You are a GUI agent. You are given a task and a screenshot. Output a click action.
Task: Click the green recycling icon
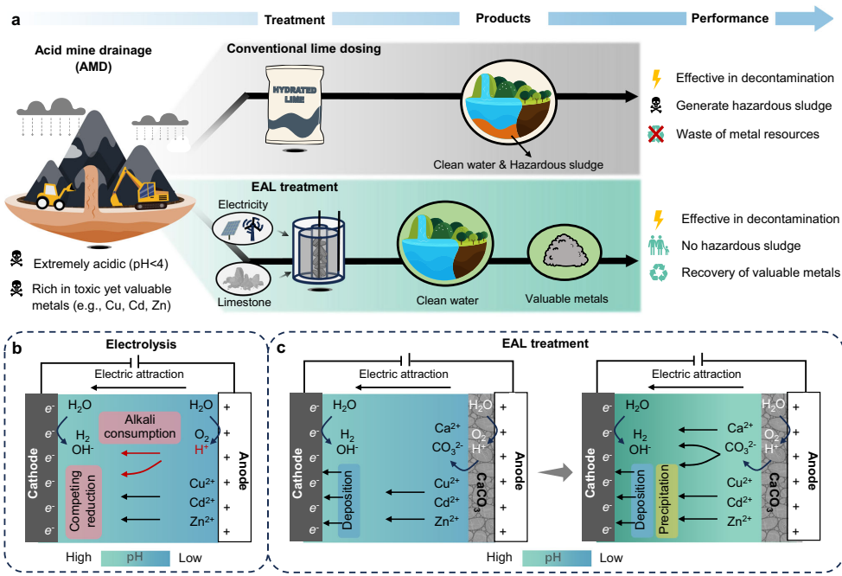656,272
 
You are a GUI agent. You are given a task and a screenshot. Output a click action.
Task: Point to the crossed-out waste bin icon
656,134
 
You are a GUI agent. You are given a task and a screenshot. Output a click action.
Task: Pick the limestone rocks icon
243,278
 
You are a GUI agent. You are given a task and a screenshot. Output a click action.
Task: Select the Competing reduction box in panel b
82,497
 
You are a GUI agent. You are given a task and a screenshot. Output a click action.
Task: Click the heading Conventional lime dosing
303,48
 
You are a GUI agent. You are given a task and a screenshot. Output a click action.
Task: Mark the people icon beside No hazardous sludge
656,246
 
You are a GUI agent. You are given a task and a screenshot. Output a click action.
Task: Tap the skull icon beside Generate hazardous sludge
656,106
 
